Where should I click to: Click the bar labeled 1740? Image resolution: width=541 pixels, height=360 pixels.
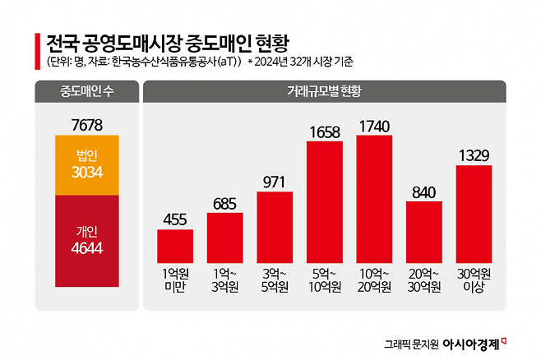[374, 196]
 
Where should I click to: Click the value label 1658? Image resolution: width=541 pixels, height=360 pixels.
[325, 131]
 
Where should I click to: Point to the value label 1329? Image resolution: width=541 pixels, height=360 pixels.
[474, 155]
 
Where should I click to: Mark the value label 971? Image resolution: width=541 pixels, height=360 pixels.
[275, 181]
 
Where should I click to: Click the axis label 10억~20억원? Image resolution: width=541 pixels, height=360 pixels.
[374, 280]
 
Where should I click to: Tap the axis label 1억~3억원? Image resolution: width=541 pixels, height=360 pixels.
[224, 280]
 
